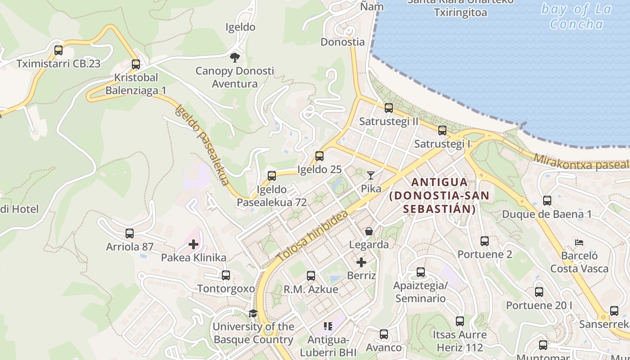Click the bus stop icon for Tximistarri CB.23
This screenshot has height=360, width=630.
pos(58,50)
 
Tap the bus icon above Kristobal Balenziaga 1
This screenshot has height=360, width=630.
pos(135,64)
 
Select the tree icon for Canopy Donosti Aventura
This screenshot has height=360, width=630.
pos(234,57)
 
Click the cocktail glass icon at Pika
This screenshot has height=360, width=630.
pos(371,175)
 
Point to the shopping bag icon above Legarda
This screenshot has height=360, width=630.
pos(369,231)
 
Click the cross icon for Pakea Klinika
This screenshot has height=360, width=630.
pos(193,244)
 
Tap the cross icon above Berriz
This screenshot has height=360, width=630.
pos(361,262)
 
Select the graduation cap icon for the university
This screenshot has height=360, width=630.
pos(253,313)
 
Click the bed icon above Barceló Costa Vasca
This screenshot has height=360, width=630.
pos(579,243)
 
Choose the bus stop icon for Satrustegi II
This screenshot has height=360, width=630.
pos(389,108)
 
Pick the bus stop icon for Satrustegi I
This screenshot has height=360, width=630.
pos(442,130)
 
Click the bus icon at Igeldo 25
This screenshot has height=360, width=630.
pos(319,156)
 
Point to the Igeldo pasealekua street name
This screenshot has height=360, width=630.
pos(202,145)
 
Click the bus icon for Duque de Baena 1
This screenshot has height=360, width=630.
pos(547,201)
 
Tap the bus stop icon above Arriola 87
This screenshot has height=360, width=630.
pos(130,234)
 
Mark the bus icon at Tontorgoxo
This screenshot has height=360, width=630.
pos(226,275)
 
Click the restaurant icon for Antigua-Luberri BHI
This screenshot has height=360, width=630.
pos(328,326)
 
